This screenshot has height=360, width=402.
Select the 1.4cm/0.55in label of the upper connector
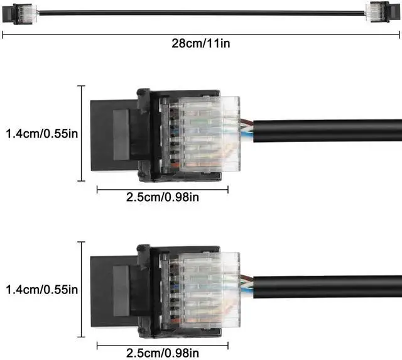click(41, 133)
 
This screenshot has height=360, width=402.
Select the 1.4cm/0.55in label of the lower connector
click(41, 290)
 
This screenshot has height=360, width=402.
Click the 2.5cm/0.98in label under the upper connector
click(163, 197)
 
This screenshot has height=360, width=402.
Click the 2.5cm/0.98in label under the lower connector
click(163, 354)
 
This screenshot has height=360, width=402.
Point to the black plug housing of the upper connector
click(116, 133)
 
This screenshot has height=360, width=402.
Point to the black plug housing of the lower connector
click(116, 290)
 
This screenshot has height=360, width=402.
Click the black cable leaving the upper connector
click(327, 133)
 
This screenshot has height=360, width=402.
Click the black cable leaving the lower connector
click(327, 289)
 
